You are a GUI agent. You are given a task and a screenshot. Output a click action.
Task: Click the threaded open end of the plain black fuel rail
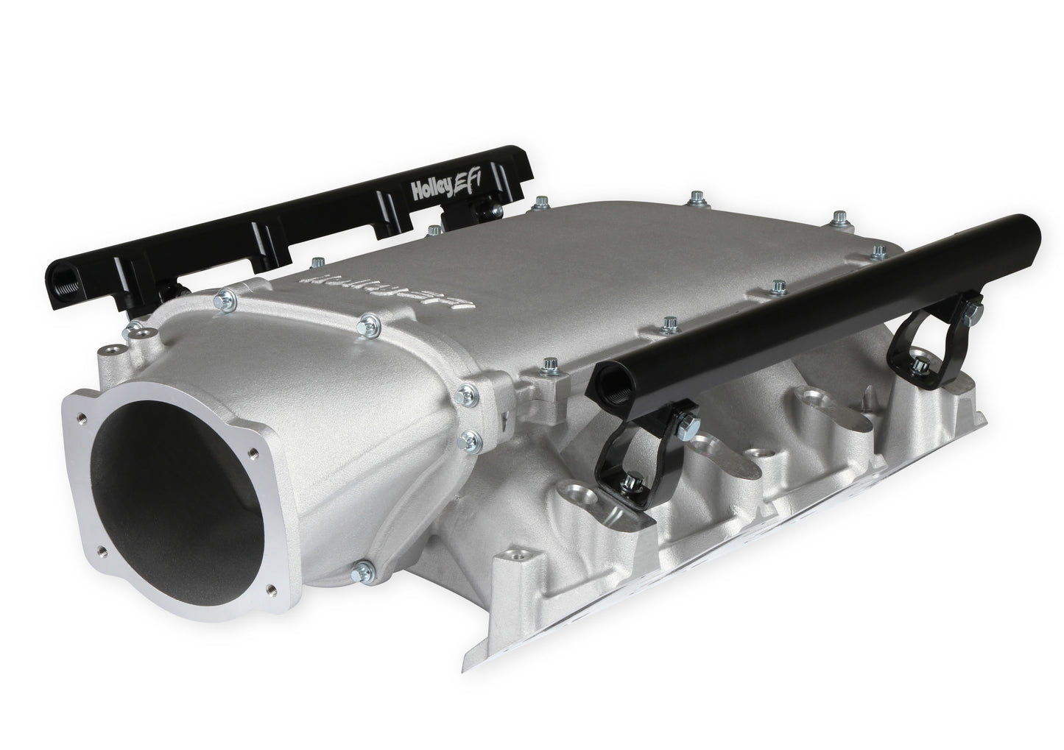click(x=608, y=381)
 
